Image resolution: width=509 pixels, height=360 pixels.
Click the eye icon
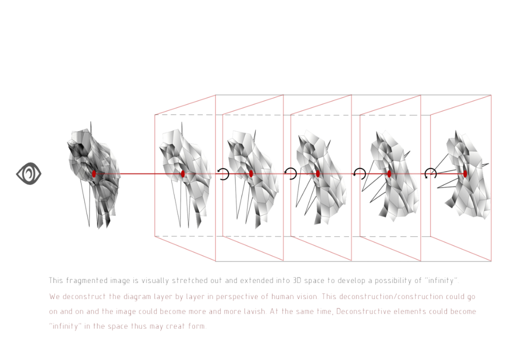click(29, 173)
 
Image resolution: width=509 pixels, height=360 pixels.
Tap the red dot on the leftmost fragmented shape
click(93, 173)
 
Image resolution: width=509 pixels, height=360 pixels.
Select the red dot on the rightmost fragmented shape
click(465, 173)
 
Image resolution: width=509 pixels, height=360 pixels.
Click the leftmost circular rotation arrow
click(223, 173)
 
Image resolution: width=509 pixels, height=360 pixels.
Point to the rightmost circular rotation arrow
click(430, 173)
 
